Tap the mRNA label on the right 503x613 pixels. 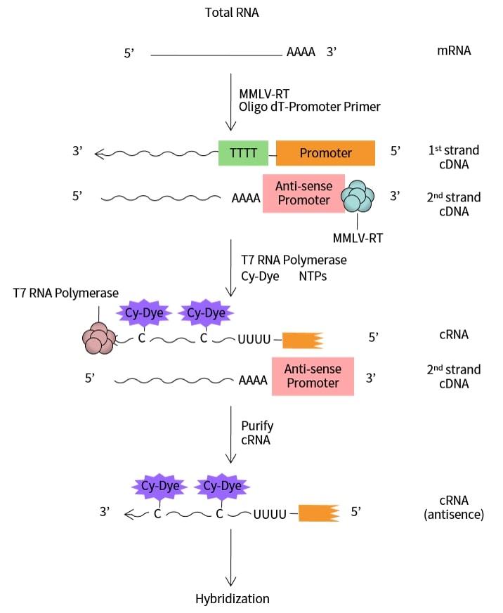point(453,51)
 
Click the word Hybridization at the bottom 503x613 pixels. point(232,599)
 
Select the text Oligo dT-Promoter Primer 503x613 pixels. point(309,107)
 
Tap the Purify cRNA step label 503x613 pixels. point(256,433)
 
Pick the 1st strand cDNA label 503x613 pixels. point(453,157)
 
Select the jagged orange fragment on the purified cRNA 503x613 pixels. point(318,513)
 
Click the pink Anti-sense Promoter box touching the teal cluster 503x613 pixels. point(303,193)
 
